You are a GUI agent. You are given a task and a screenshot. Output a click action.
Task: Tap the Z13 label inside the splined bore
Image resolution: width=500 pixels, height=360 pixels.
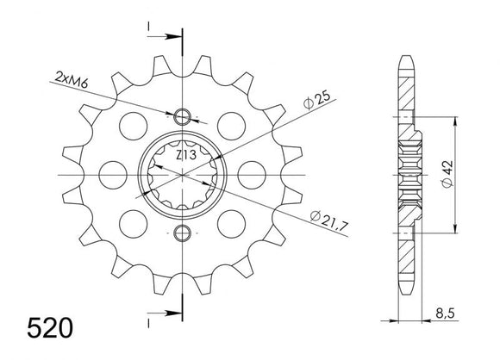pyautogui.click(x=183, y=156)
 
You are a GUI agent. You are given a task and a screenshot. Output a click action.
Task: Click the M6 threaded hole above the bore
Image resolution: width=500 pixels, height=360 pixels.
pyautogui.click(x=182, y=117)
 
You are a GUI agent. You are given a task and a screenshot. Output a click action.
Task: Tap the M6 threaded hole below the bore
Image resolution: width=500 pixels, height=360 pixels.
pyautogui.click(x=182, y=233)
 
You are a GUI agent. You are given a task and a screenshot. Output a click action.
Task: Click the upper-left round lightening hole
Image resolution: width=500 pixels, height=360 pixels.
pyautogui.click(x=134, y=125)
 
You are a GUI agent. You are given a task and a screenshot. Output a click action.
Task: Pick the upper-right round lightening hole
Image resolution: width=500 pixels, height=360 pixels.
pyautogui.click(x=230, y=125)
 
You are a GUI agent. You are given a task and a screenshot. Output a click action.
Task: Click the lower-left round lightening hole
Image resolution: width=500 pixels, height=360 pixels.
pyautogui.click(x=134, y=224)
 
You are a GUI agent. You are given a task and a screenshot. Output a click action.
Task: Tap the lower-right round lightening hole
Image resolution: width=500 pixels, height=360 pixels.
pyautogui.click(x=230, y=224)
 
